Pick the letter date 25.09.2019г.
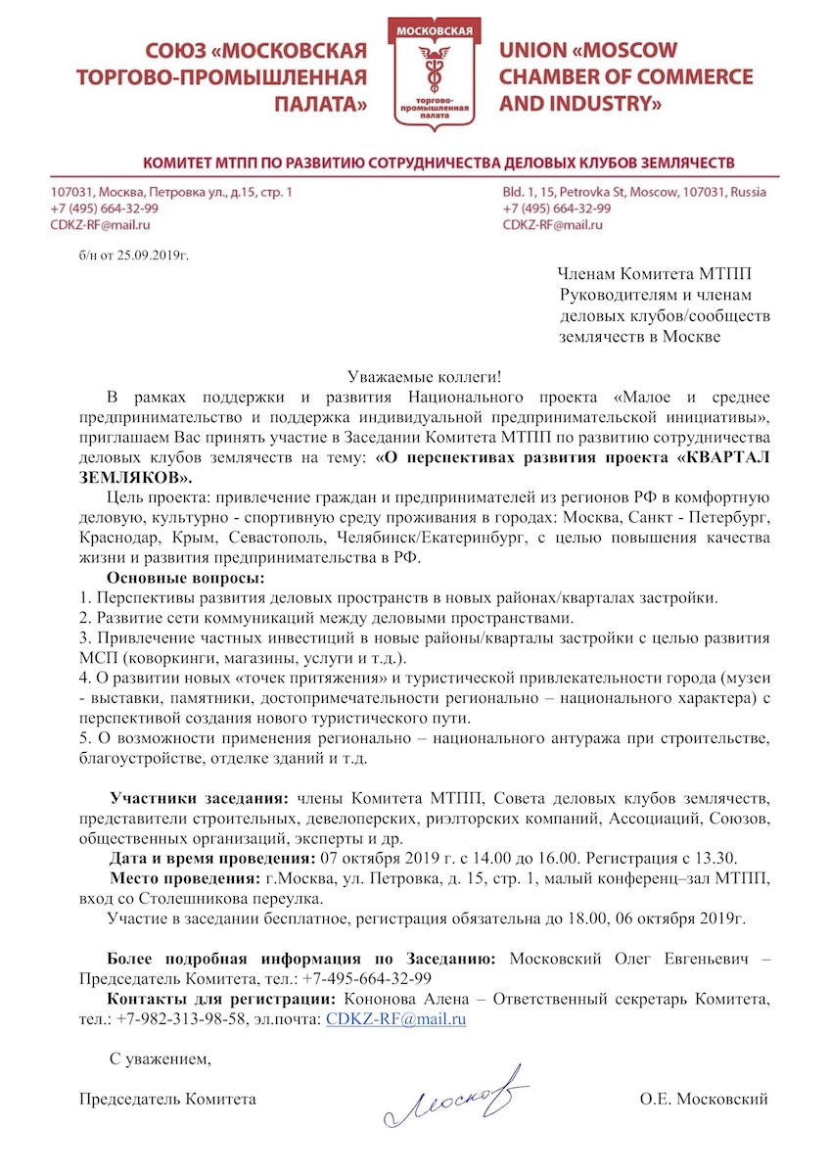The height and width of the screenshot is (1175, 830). click(152, 257)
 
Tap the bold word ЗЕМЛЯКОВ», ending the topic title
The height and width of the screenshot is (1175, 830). click(136, 477)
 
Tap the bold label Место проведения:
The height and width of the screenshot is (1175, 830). click(184, 877)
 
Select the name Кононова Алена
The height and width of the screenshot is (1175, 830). click(384, 999)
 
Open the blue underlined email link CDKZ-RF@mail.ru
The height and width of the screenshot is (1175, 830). click(394, 1018)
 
